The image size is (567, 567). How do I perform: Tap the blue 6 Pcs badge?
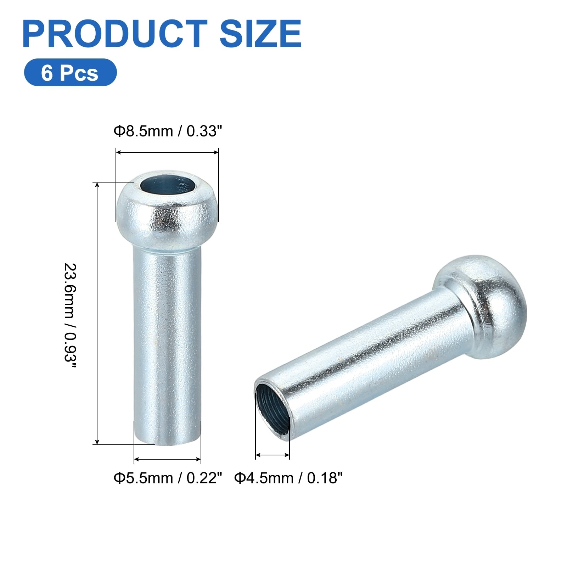[70, 72]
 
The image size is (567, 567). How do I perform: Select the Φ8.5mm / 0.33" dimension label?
[168, 131]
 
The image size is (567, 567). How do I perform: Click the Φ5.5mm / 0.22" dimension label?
[168, 478]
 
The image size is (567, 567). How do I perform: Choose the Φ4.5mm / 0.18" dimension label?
[288, 478]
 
